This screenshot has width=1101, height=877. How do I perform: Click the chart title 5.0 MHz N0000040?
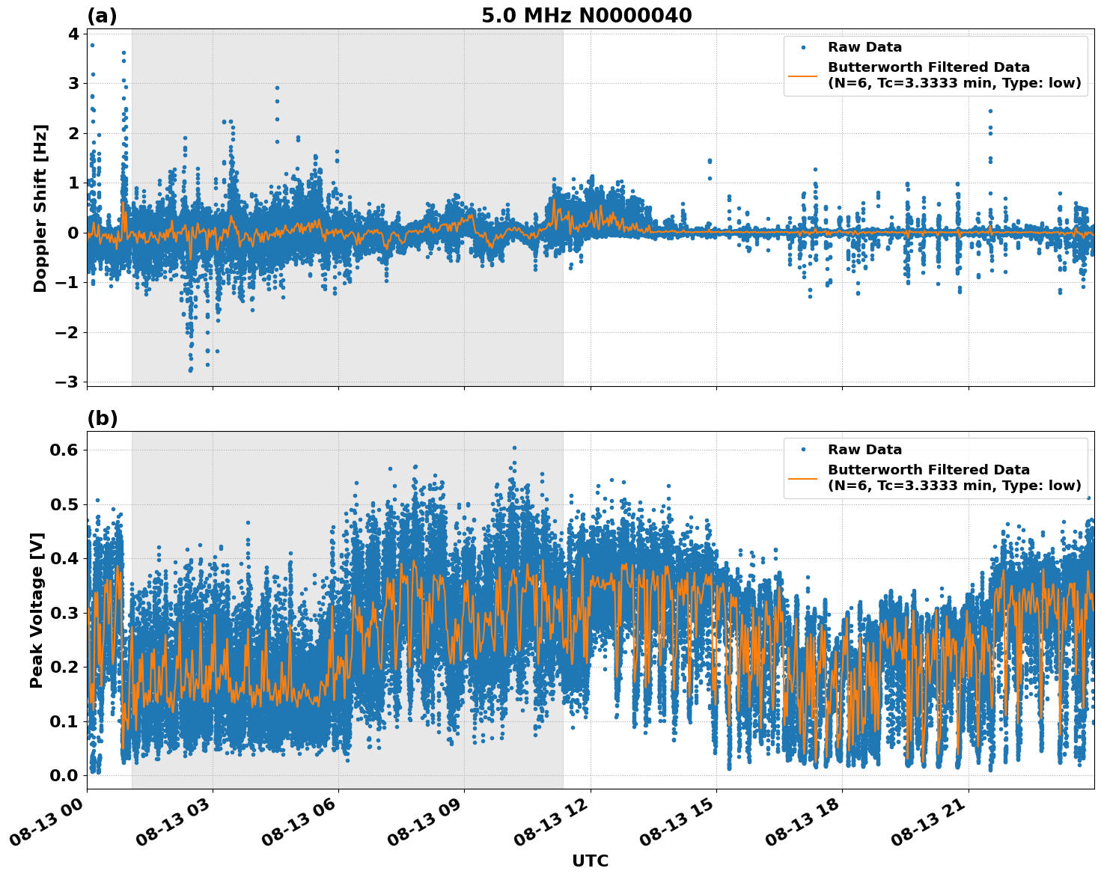coord(586,15)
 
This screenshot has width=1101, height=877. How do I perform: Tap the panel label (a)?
coord(102,16)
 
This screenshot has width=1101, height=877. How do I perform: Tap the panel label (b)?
coord(103,418)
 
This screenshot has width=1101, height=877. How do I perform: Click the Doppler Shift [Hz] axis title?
coord(40,208)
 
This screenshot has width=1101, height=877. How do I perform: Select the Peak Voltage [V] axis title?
coord(37,610)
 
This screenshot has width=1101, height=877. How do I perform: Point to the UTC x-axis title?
coord(590,861)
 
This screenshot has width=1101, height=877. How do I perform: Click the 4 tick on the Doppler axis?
coord(73,34)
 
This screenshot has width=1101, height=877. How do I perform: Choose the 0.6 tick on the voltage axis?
coord(64,450)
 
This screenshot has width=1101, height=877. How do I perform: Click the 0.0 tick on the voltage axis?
coord(64,775)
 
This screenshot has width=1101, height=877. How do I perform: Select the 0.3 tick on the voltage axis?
coord(64,613)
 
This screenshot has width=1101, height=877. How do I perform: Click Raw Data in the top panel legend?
coord(864,47)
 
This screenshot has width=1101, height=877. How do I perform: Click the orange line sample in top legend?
coord(803,75)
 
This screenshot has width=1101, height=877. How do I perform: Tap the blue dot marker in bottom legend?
coord(803,450)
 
